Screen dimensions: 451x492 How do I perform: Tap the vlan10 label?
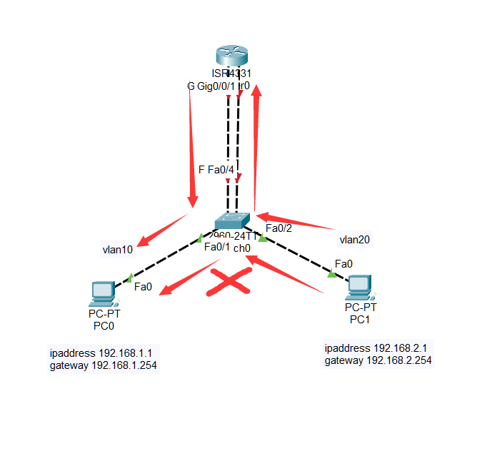coord(118,250)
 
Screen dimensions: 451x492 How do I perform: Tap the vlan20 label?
coord(355,240)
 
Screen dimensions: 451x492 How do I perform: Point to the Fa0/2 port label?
coord(279,228)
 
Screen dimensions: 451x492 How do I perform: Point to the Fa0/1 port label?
coord(217,247)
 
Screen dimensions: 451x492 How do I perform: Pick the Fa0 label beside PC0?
coord(144,287)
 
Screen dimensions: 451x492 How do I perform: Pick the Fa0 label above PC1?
coord(343,263)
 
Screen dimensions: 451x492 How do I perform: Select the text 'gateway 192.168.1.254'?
coord(104,365)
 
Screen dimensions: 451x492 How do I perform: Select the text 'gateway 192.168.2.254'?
coord(378,360)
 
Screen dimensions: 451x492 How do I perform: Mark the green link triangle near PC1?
coord(332,273)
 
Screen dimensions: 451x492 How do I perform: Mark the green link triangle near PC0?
coord(130,277)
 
